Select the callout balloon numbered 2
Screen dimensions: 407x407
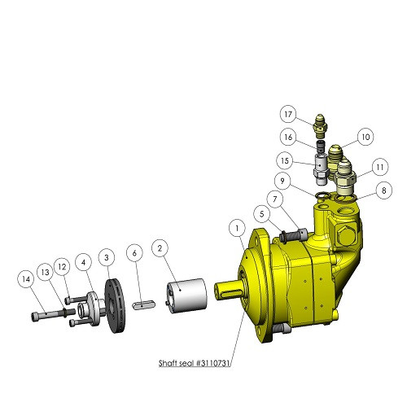[160, 247]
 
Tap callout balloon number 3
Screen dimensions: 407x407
[106, 257]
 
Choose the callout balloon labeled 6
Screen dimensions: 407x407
[135, 254]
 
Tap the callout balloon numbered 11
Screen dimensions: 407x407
[379, 168]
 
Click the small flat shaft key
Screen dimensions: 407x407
[144, 304]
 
